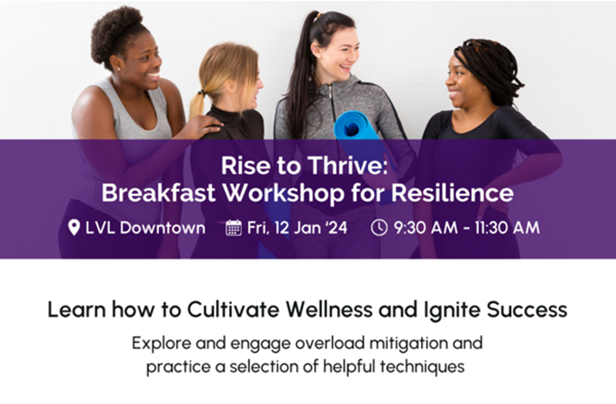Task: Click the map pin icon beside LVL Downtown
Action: (x=74, y=228)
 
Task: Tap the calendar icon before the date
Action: (x=234, y=228)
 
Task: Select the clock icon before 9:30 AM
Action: (x=379, y=228)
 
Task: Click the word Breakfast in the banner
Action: (x=159, y=193)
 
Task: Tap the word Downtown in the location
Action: (x=163, y=228)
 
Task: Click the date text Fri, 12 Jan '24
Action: (x=297, y=228)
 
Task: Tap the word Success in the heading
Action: (x=527, y=310)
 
